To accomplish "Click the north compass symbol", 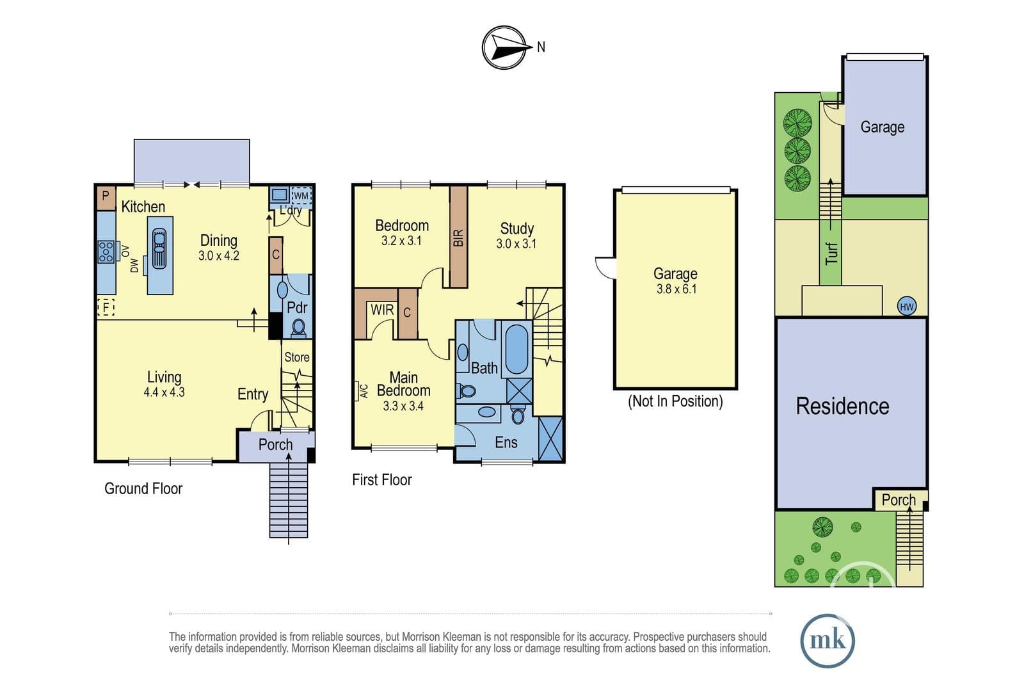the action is (x=504, y=47).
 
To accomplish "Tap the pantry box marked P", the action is (x=106, y=198).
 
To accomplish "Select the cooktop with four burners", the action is (x=106, y=252).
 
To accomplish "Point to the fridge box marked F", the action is (x=106, y=307).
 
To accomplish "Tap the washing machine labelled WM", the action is (x=301, y=196).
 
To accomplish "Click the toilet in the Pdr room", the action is (x=298, y=328).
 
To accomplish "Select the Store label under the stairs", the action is (x=297, y=357).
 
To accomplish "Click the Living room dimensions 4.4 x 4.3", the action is (x=164, y=392).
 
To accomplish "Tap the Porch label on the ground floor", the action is (x=275, y=444).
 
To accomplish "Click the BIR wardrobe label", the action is (x=458, y=237).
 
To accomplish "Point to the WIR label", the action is (x=382, y=310).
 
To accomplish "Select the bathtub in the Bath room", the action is (x=516, y=350).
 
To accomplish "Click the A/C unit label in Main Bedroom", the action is (x=364, y=391).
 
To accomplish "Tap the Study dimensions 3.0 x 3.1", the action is (x=516, y=244).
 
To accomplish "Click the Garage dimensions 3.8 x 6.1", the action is (x=676, y=289).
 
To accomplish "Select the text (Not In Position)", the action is (x=675, y=401).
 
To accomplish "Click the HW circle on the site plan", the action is (x=906, y=307).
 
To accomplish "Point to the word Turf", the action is (x=831, y=253).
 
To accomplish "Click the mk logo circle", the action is (x=828, y=640).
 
